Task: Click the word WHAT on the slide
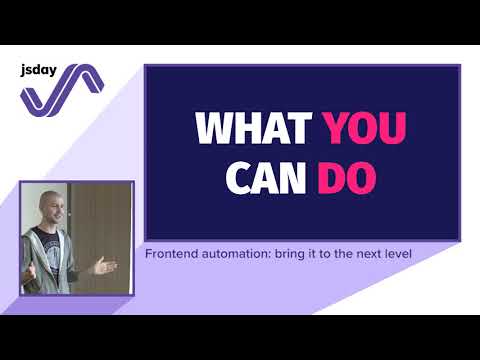(254, 129)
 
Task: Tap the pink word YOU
(365, 129)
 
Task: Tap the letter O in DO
(368, 177)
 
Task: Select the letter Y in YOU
(335, 129)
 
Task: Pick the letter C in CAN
(238, 177)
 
